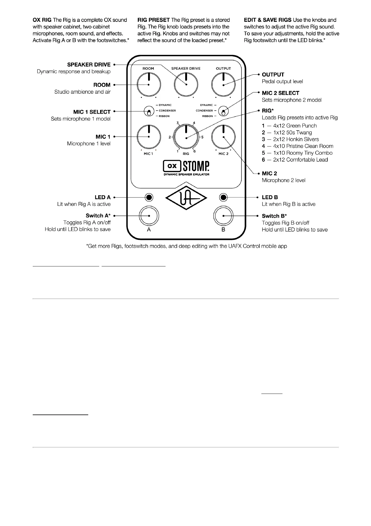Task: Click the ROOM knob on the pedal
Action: tap(149, 85)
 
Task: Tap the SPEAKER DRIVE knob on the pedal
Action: tap(186, 85)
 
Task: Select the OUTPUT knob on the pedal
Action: tap(223, 85)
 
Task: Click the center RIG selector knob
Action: tap(186, 137)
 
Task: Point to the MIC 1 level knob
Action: tap(149, 137)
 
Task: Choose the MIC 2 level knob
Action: tap(223, 137)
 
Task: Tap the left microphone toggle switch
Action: tap(149, 111)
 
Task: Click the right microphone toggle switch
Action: tap(223, 111)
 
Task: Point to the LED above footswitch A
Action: tap(149, 197)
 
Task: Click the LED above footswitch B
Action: tap(223, 197)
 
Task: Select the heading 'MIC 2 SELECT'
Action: tap(280, 93)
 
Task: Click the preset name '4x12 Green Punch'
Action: tap(295, 126)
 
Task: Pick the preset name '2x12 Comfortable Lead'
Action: tap(300, 160)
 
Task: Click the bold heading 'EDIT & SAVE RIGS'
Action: tap(267, 20)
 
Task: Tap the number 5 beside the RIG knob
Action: tap(202, 137)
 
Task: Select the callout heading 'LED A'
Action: tap(103, 197)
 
